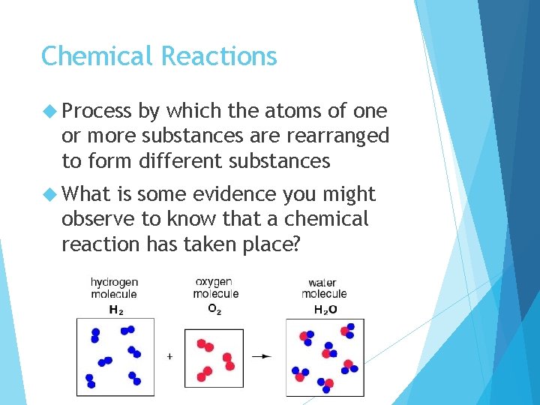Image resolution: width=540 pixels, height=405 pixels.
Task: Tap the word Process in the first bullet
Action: pos(97,112)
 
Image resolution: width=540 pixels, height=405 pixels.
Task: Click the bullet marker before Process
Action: pos(49,112)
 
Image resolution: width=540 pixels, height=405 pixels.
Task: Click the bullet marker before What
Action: pos(49,194)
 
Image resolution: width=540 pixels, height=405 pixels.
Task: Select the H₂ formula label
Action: pos(116,309)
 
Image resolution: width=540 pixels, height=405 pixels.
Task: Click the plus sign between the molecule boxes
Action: pos(169,356)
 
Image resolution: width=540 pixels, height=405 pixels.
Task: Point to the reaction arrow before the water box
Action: pos(261,356)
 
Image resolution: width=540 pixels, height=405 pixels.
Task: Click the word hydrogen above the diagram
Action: pos(114,283)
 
